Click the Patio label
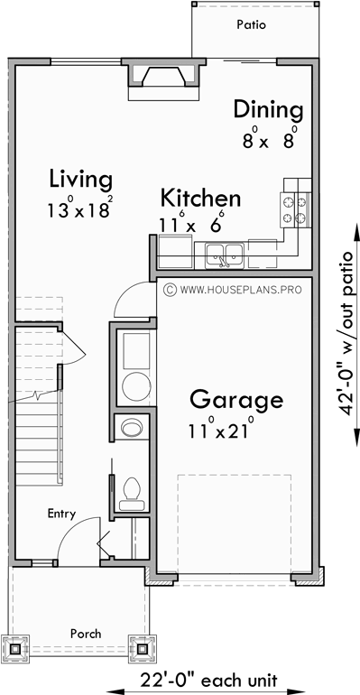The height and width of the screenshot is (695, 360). click(x=252, y=25)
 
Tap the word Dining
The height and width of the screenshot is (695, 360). click(x=268, y=109)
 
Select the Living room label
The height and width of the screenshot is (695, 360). click(x=81, y=178)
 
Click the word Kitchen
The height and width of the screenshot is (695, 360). click(x=200, y=199)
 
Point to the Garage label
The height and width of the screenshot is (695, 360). click(x=235, y=399)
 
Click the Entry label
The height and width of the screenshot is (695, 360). click(x=62, y=514)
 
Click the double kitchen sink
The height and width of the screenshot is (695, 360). click(x=223, y=253)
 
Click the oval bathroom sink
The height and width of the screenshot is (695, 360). click(x=132, y=426)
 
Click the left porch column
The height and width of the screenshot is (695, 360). click(x=15, y=648)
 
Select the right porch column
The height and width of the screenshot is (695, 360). click(x=143, y=648)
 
